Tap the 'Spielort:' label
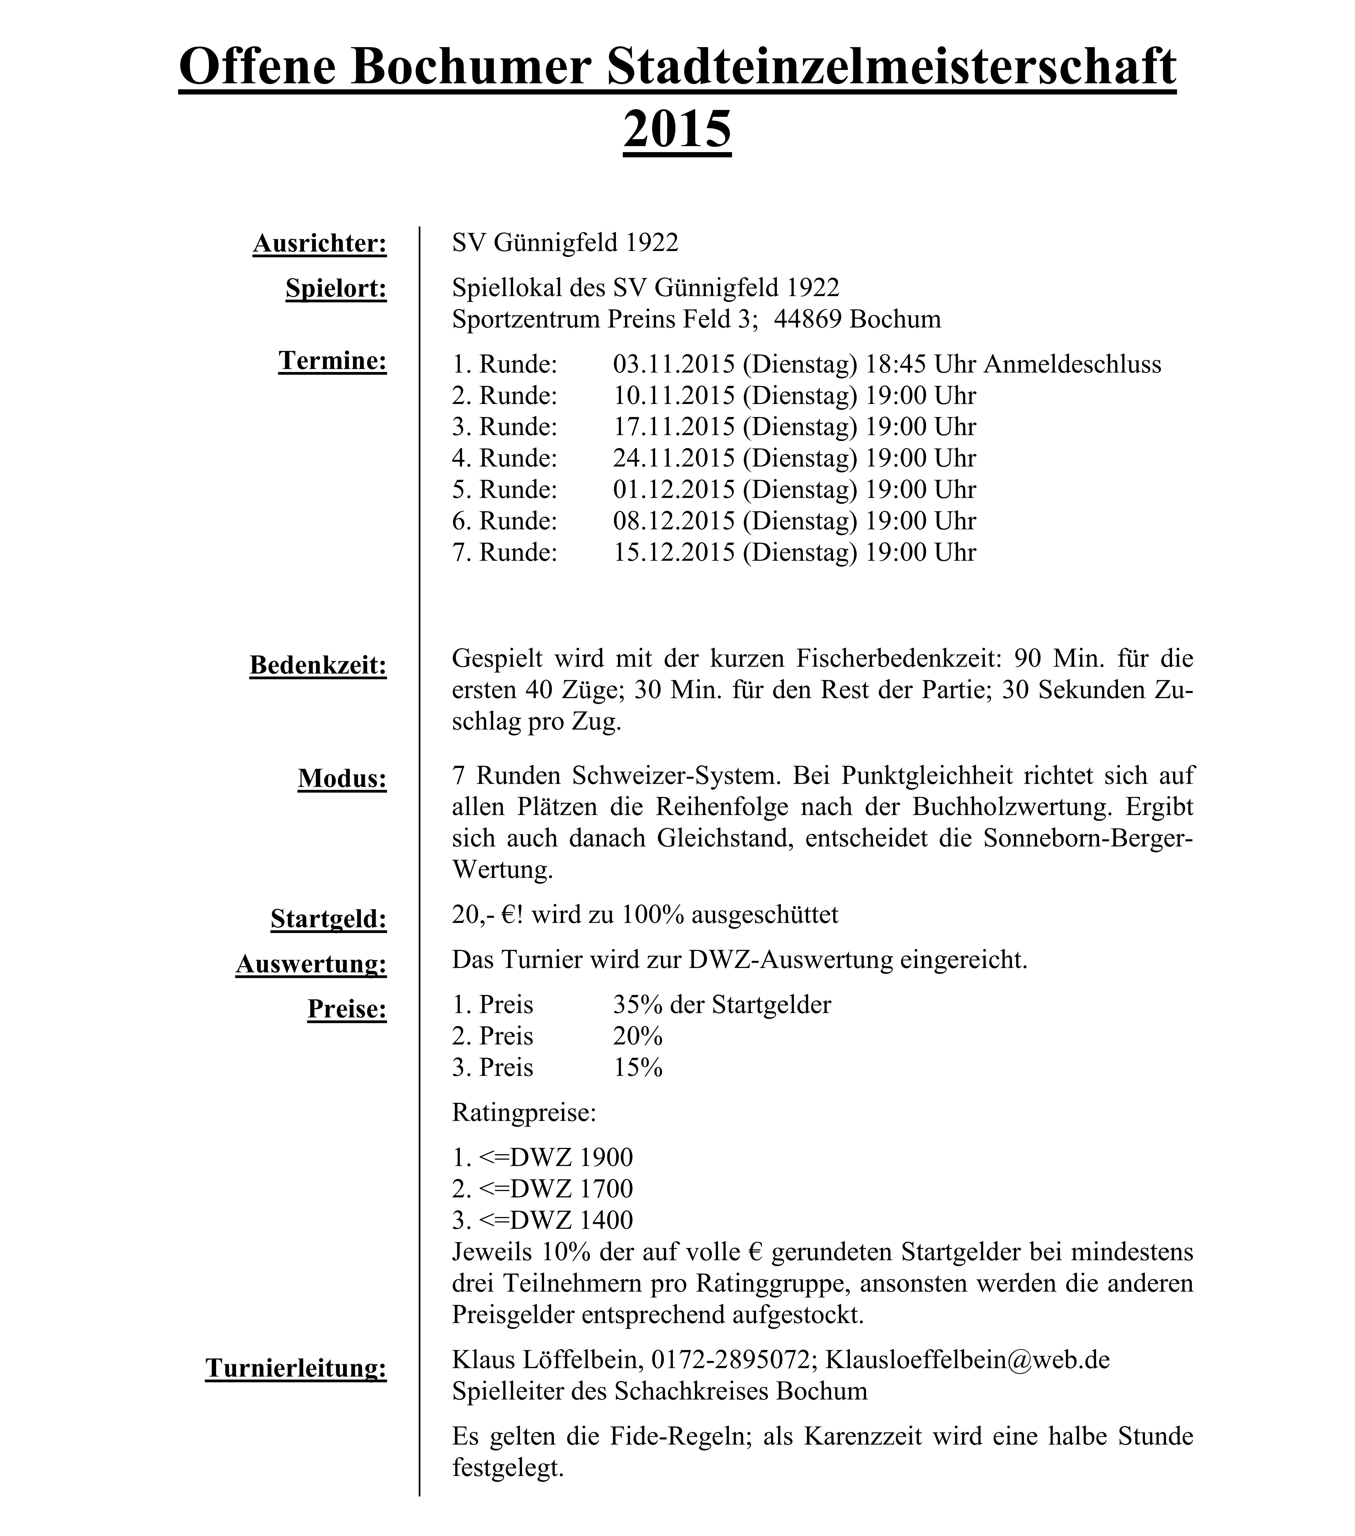click(x=336, y=289)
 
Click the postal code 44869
click(x=808, y=319)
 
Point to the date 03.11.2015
click(x=673, y=364)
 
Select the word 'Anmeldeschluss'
click(x=1072, y=364)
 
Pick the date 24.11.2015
click(x=673, y=458)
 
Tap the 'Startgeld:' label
click(x=328, y=919)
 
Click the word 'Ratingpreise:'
click(x=524, y=1112)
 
